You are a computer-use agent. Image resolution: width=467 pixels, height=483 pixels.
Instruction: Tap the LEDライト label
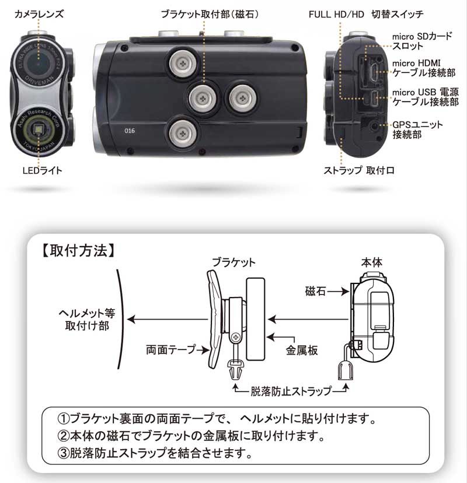tap(41, 170)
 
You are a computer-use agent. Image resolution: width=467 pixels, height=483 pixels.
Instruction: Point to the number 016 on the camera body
tap(130, 131)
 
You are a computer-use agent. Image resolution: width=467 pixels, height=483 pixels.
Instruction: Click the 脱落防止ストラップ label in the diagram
tap(290, 390)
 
